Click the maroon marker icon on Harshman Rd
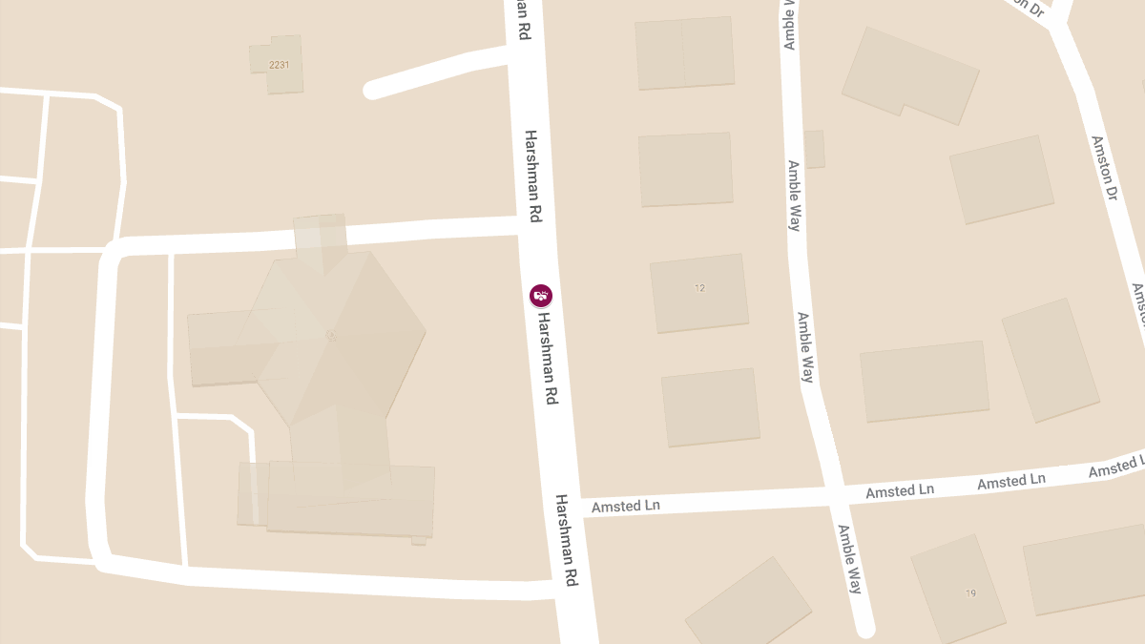coord(541,295)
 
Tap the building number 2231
coord(279,65)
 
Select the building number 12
coord(699,287)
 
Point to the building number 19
coord(970,592)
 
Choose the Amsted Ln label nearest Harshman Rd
coord(625,506)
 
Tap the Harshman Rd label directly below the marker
coord(546,358)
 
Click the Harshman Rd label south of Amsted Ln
coord(567,539)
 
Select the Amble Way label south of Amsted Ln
coord(849,559)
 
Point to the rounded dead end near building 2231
coord(372,92)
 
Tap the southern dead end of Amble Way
coord(864,630)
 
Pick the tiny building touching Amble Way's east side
coord(814,149)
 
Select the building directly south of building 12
coord(710,407)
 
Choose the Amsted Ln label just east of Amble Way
coord(899,490)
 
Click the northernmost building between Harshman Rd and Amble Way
coord(684,52)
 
